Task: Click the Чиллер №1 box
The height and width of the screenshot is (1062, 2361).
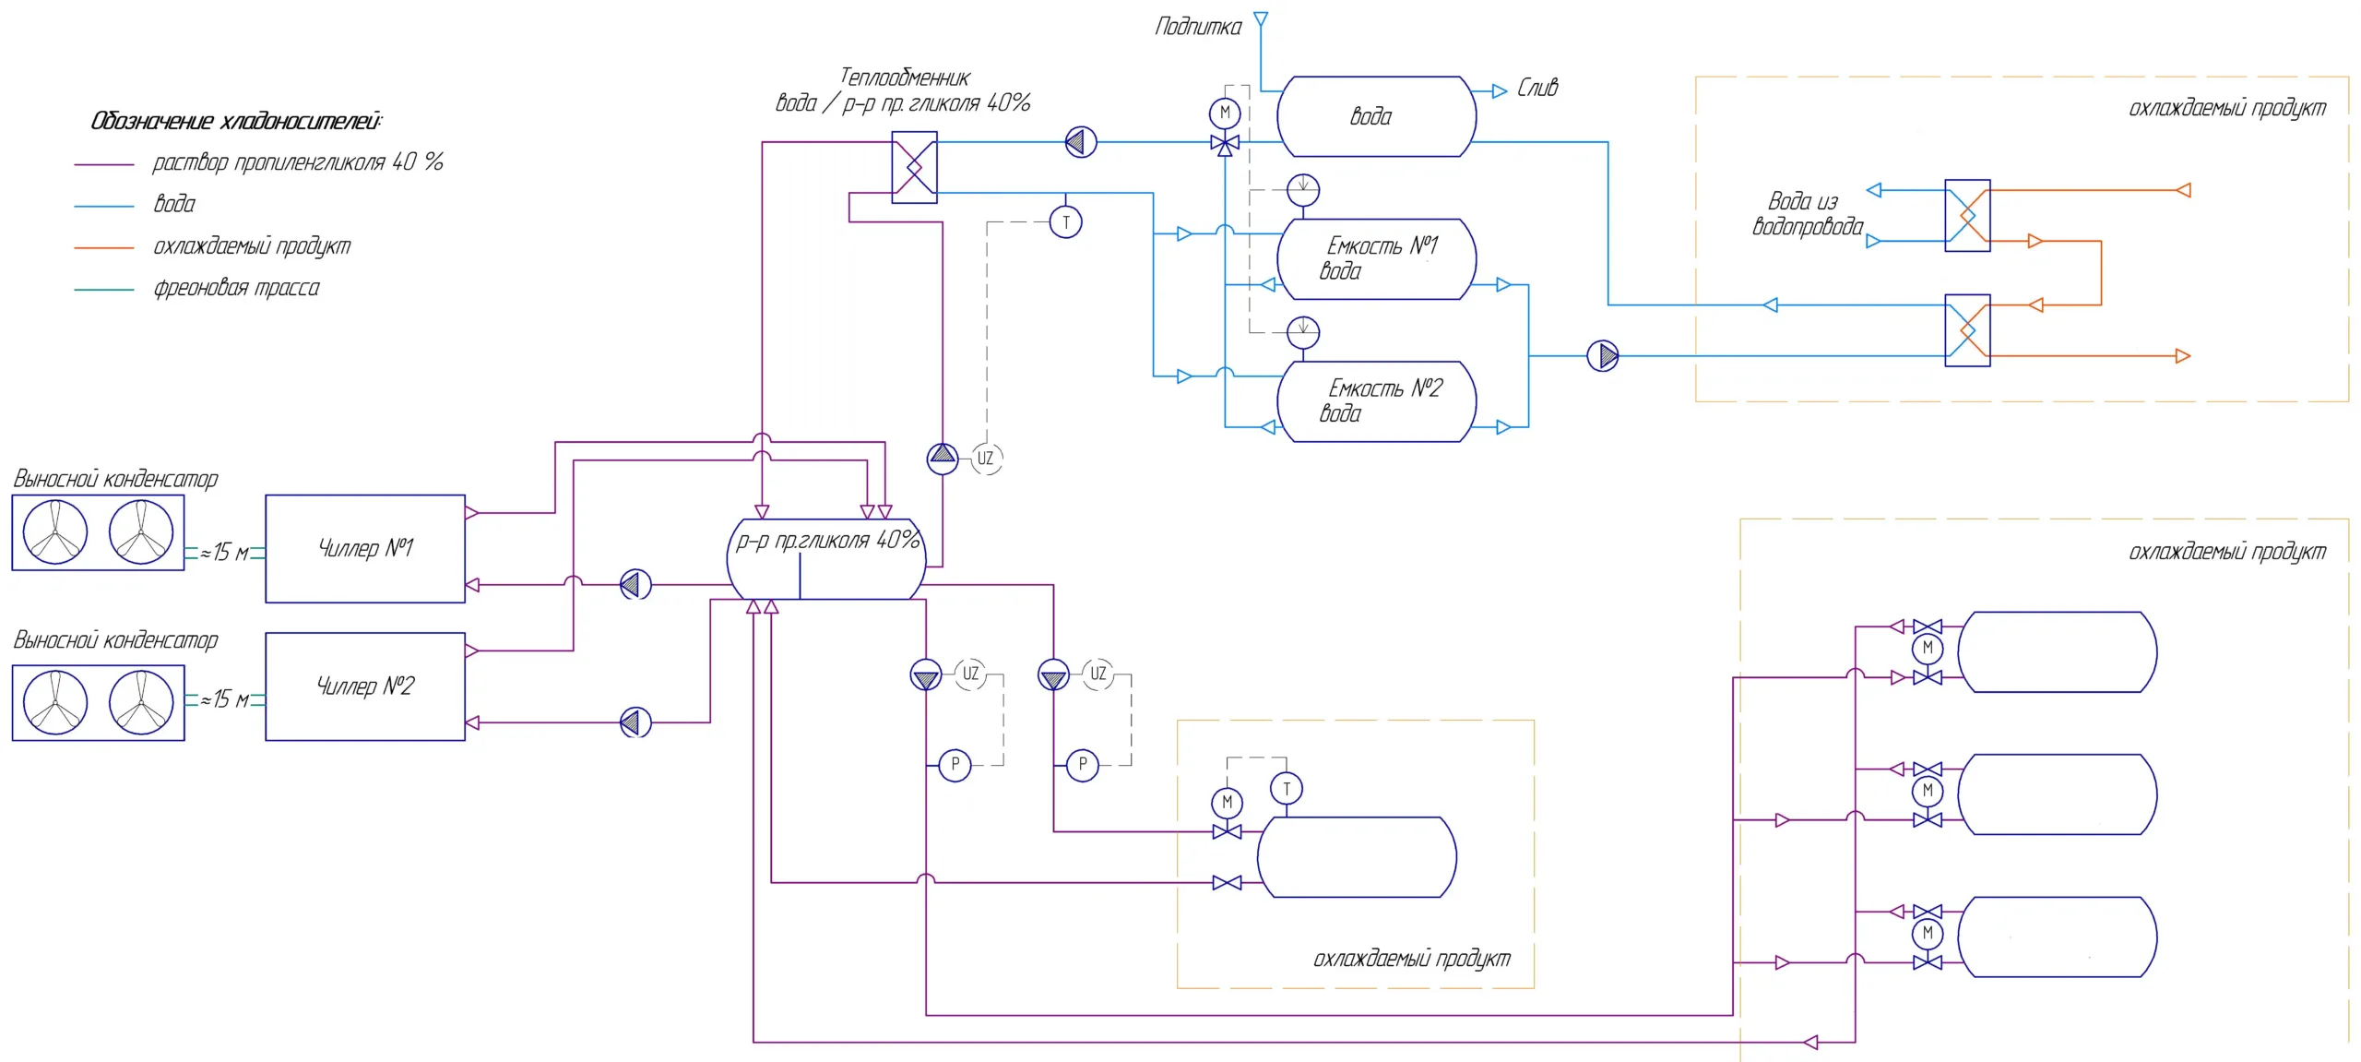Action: pyautogui.click(x=365, y=548)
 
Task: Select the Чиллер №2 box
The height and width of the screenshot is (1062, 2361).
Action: pyautogui.click(x=365, y=686)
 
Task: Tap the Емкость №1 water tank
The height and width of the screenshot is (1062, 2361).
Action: pyautogui.click(x=1376, y=259)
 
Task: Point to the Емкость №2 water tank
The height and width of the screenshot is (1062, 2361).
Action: pyautogui.click(x=1376, y=401)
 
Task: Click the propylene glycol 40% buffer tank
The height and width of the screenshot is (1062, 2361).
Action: pyautogui.click(x=826, y=559)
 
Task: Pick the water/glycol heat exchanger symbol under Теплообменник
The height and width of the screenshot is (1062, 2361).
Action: pyautogui.click(x=914, y=167)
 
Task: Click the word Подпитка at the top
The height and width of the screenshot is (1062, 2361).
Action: pyautogui.click(x=1198, y=27)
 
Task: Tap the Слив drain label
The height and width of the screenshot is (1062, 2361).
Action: pyautogui.click(x=1537, y=89)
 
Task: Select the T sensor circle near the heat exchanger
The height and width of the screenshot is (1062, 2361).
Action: pyautogui.click(x=1065, y=222)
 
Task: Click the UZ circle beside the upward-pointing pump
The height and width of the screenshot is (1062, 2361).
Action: pyautogui.click(x=986, y=459)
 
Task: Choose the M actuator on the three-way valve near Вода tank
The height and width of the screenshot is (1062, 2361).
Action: pyautogui.click(x=1225, y=113)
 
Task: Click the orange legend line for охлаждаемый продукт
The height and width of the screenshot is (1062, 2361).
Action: pyautogui.click(x=104, y=247)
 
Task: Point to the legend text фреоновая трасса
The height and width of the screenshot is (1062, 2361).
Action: pyautogui.click(x=236, y=288)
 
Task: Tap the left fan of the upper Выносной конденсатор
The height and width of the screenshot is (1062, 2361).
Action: pyautogui.click(x=55, y=532)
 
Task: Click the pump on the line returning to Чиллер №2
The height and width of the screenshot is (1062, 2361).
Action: pyautogui.click(x=635, y=722)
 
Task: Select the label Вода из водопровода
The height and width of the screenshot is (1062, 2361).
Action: pyautogui.click(x=1806, y=214)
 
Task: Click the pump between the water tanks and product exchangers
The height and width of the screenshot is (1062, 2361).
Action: pyautogui.click(x=1603, y=355)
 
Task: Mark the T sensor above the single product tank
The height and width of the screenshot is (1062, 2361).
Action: pyautogui.click(x=1287, y=789)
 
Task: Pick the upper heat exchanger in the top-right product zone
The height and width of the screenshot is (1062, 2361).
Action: pyautogui.click(x=1967, y=216)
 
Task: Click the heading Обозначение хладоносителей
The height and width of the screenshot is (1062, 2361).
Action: pyautogui.click(x=236, y=121)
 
